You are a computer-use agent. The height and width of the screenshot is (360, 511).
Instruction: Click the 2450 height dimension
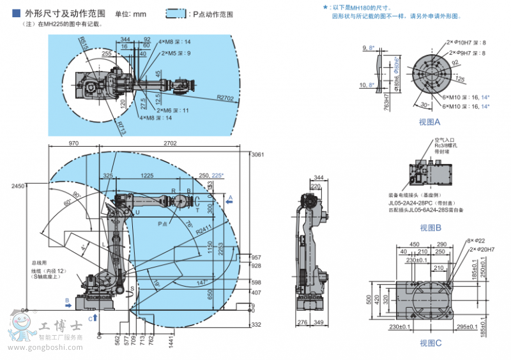pos(17,186)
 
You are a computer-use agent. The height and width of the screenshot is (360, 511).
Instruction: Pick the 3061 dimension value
pos(257,155)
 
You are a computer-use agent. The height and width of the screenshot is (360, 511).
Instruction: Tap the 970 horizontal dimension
pos(74,144)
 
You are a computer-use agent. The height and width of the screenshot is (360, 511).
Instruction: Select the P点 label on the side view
pos(164,224)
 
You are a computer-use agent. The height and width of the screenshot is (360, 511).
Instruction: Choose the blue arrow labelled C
pos(94,316)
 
